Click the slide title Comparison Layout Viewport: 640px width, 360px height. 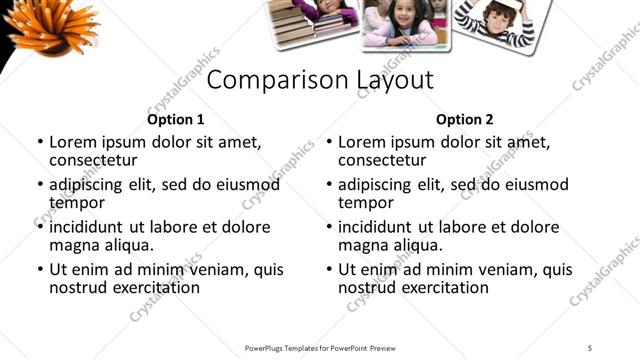pos(320,80)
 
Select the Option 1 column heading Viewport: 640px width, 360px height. pos(175,119)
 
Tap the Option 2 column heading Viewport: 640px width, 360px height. pos(465,119)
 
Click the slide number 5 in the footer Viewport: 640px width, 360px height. pos(590,347)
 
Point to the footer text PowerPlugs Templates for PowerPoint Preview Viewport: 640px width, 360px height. pos(320,347)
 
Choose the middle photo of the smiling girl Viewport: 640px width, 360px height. pos(405,24)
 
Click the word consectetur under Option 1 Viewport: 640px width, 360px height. pos(93,161)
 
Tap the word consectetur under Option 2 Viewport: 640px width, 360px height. pos(383,161)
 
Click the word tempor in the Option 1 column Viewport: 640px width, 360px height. pos(75,203)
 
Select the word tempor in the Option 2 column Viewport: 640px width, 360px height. pos(365,203)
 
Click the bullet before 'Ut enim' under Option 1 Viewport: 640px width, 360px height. pos(39,270)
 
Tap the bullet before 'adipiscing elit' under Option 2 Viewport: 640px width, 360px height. pos(328,185)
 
